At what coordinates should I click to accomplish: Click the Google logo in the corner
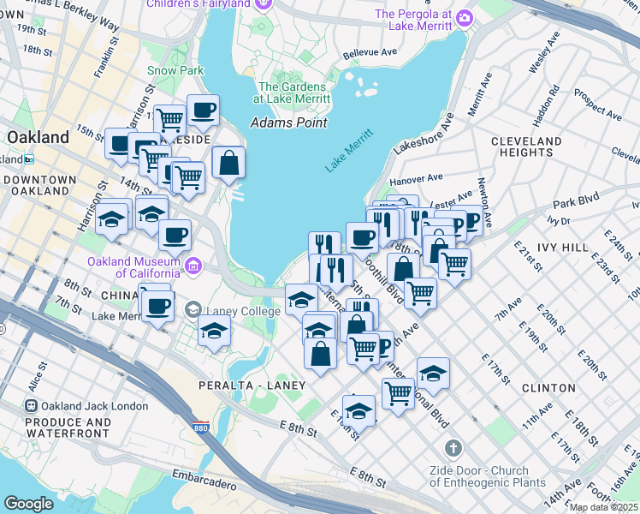click(x=28, y=504)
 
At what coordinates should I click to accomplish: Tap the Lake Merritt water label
click(x=350, y=151)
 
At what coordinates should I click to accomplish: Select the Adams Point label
click(x=288, y=123)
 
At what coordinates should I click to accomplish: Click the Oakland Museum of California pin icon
click(x=193, y=266)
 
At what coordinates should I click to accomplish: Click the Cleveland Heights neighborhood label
click(x=526, y=146)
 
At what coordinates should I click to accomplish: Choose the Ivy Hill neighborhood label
click(x=562, y=247)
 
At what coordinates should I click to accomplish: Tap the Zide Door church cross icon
click(x=453, y=449)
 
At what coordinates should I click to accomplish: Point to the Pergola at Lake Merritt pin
click(x=465, y=17)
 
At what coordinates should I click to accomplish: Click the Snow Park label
click(x=175, y=70)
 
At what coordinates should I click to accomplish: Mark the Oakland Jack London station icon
click(x=31, y=405)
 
